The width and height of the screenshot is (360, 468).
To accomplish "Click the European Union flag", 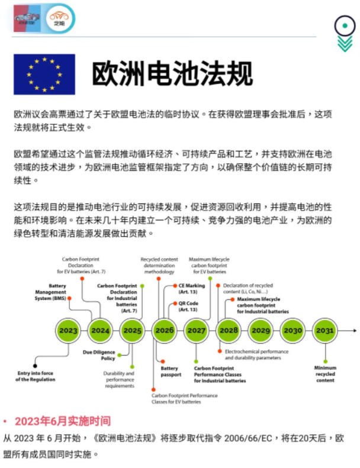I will click(x=44, y=74).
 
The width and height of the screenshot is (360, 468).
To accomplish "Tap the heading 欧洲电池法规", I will click(x=172, y=74).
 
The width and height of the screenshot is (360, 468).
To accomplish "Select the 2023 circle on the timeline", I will click(x=69, y=330).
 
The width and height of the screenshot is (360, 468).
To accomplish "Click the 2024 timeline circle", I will click(x=101, y=330).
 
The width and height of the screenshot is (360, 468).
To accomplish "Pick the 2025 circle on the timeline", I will click(x=133, y=330).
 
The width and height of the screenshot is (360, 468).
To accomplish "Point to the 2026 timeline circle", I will click(x=164, y=330).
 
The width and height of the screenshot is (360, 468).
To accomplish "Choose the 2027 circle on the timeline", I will click(x=196, y=330).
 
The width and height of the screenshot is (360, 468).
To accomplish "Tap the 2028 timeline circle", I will click(x=228, y=330).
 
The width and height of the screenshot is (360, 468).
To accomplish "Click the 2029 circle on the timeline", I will click(x=260, y=330).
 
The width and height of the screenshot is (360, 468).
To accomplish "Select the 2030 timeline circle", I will click(x=292, y=330).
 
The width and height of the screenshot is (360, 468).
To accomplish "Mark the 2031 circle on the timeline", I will click(x=324, y=330).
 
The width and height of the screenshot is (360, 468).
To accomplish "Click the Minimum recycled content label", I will click(x=325, y=374).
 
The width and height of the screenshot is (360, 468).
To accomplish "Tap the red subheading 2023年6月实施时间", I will click(x=62, y=421).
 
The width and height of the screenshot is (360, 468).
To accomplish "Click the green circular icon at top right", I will click(x=343, y=25).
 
